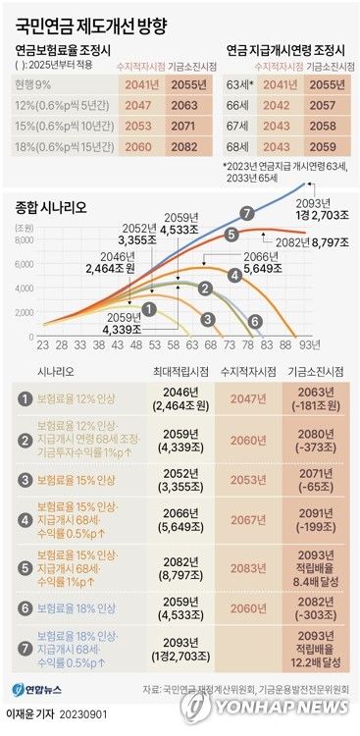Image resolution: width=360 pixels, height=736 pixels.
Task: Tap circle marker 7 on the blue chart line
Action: coord(247,212)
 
